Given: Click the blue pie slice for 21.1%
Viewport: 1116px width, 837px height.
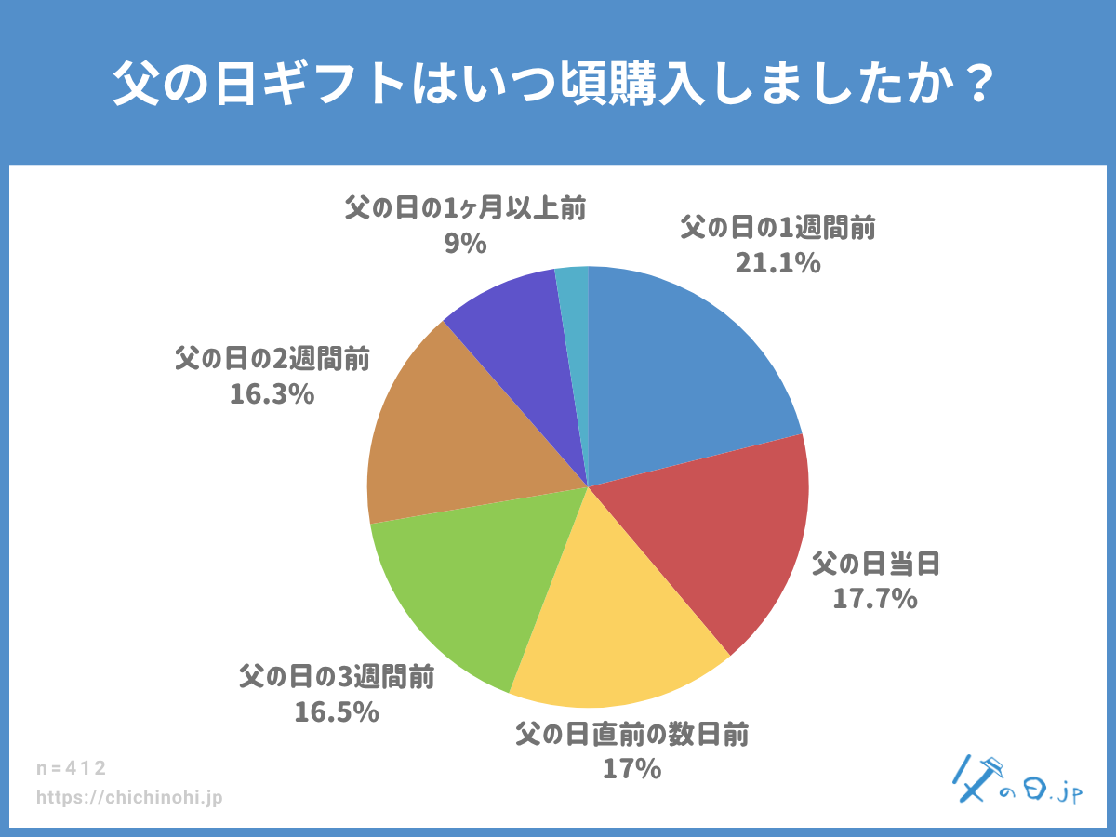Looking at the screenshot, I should click(x=679, y=372).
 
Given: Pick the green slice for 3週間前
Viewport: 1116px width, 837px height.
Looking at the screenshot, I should click(x=465, y=586).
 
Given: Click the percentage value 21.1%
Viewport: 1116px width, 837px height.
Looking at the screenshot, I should click(x=777, y=264).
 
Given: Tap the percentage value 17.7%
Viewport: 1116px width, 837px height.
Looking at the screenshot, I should click(x=874, y=599).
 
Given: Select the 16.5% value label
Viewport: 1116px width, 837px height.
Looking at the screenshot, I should click(x=337, y=712).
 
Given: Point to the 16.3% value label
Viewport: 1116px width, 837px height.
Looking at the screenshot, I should click(x=272, y=394).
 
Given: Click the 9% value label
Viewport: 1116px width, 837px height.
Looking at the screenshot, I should click(x=465, y=244).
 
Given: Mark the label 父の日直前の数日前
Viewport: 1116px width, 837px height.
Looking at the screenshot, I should click(x=632, y=735).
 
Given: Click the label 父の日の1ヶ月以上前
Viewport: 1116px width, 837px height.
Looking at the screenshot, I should click(x=465, y=207).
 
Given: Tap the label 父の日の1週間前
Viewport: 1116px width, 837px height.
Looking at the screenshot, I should click(x=777, y=228).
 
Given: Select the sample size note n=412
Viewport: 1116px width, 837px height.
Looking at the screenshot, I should click(x=72, y=768).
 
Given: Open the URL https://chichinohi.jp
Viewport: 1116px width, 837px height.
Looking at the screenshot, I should click(x=129, y=798).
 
